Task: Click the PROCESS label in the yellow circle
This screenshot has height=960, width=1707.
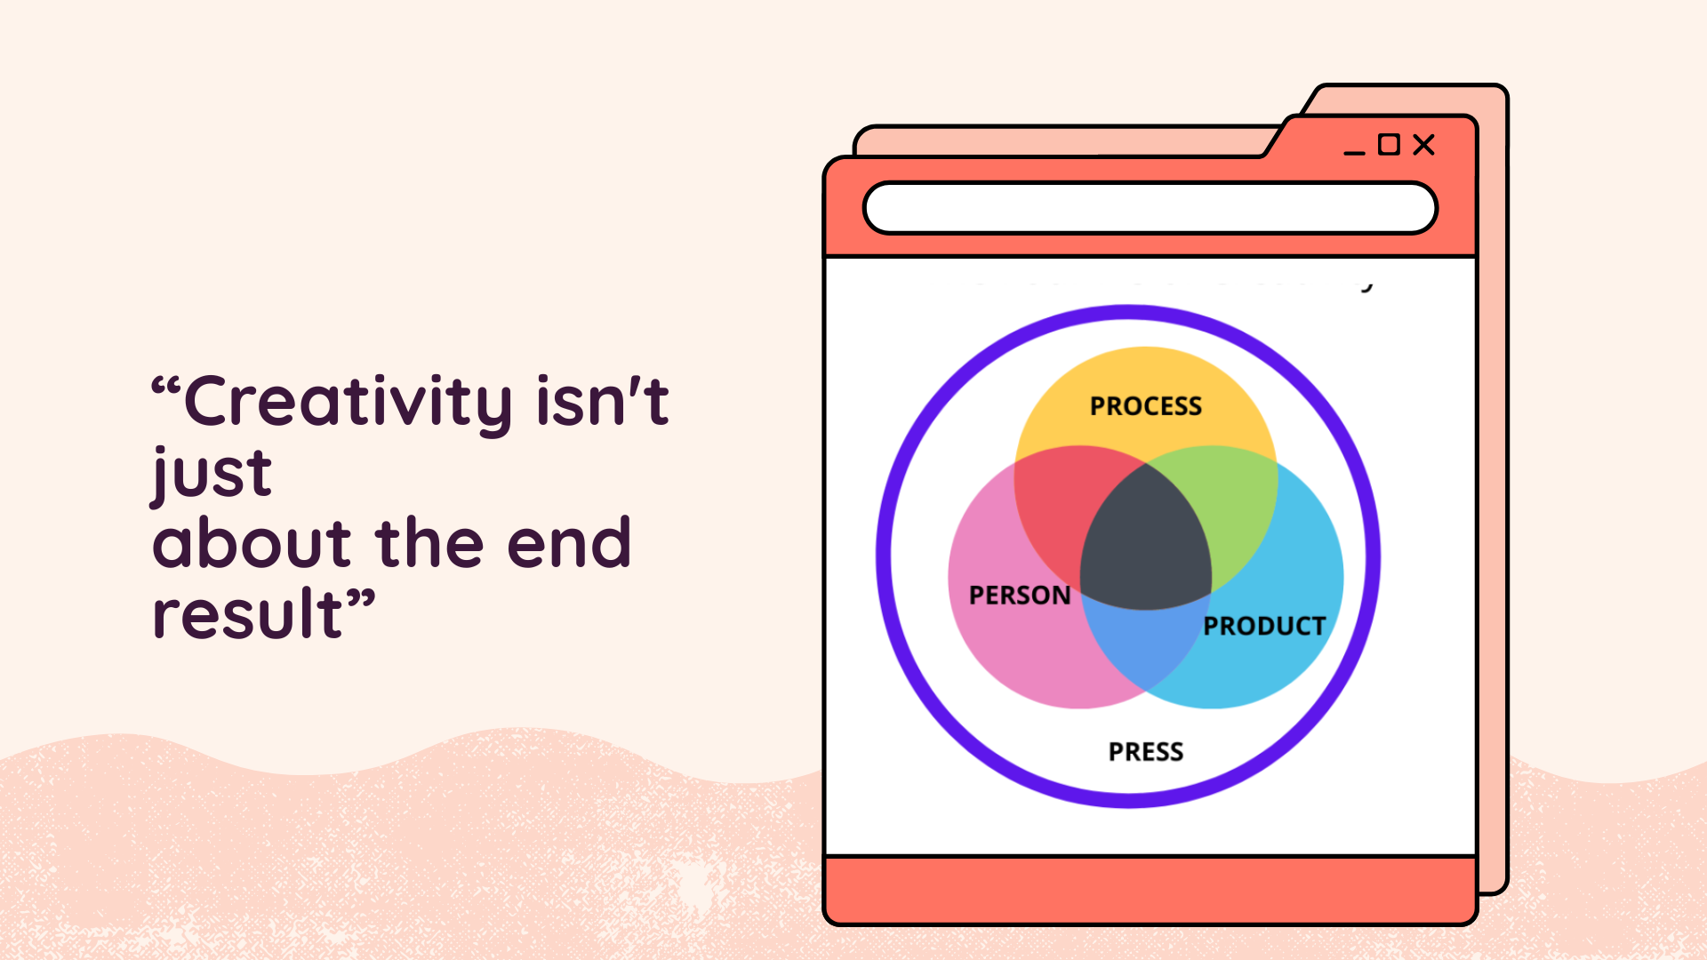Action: coord(1145,406)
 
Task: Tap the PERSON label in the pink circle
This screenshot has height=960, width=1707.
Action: coord(1020,595)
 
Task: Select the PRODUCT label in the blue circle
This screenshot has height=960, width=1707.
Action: coord(1264,626)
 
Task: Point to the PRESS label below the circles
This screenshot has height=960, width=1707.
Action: coord(1145,752)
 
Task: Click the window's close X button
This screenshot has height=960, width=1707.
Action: coord(1423,145)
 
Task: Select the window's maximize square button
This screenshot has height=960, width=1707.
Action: coord(1389,144)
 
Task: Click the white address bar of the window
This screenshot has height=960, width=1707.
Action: coord(1150,208)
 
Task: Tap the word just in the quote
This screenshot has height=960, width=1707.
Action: coord(212,474)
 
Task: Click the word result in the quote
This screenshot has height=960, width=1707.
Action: coord(247,613)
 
